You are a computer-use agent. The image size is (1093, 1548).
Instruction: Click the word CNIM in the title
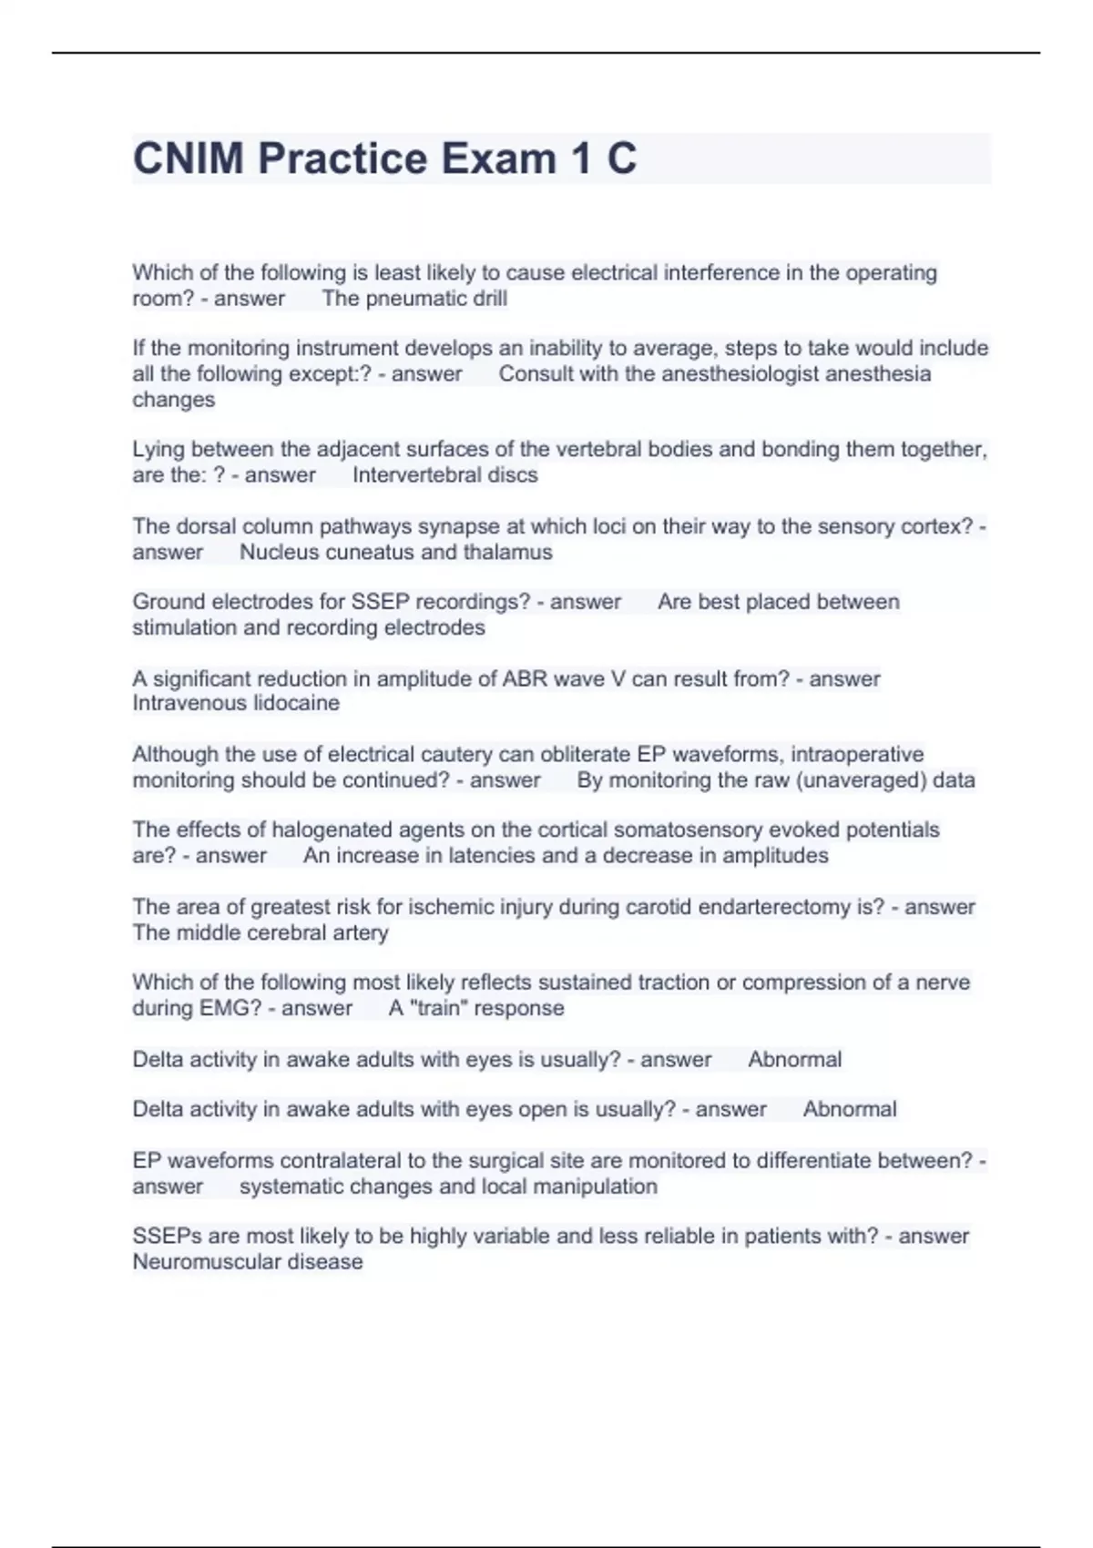[189, 158]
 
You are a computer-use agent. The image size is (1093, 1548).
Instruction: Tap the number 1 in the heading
[580, 158]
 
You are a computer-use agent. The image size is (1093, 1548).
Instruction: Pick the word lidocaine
[291, 703]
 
